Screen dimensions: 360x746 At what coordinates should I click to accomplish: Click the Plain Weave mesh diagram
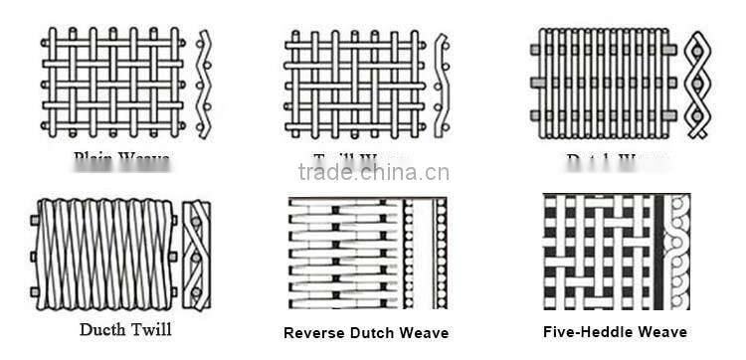(x=112, y=83)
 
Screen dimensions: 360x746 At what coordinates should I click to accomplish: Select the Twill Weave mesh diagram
(x=355, y=83)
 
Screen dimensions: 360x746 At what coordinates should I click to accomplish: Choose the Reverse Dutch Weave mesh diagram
(x=343, y=252)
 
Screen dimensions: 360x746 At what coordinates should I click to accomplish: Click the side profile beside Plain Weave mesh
(x=204, y=83)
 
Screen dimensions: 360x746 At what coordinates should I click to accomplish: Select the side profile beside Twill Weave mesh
(x=441, y=83)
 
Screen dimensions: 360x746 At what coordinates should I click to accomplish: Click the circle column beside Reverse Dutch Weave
(x=410, y=252)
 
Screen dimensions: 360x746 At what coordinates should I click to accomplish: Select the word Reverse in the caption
(x=312, y=333)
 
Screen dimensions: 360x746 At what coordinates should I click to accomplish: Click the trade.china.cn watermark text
(x=373, y=172)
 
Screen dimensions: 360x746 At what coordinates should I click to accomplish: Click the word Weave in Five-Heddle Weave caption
(x=663, y=332)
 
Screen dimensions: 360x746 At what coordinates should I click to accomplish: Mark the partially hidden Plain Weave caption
(x=121, y=157)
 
